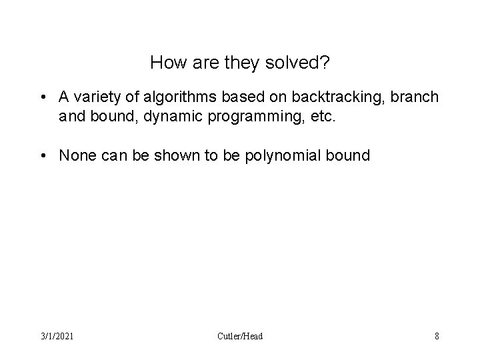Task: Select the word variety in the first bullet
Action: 96,97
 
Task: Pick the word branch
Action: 417,97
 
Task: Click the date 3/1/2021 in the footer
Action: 56,336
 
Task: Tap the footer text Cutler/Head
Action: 240,336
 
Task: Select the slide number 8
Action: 437,336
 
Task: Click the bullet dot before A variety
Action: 43,97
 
